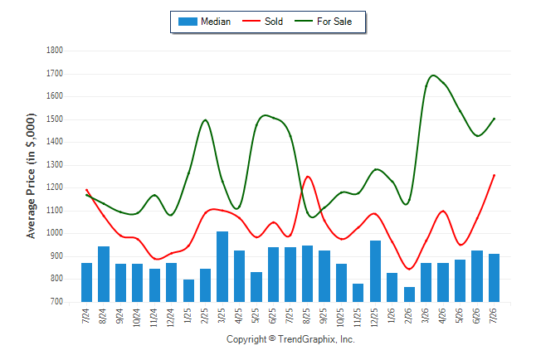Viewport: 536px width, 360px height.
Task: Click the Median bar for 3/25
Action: (x=222, y=266)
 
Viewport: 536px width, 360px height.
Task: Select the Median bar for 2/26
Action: (x=409, y=294)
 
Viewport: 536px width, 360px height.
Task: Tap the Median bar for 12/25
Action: (x=375, y=271)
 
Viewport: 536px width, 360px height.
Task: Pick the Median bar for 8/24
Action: (x=104, y=274)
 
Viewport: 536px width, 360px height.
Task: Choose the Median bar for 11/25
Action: (x=358, y=293)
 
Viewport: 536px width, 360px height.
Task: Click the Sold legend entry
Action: (x=262, y=22)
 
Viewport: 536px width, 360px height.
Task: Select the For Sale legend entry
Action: (x=323, y=22)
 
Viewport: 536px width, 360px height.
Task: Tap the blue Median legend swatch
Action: (x=188, y=22)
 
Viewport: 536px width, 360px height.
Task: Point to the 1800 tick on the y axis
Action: (x=55, y=51)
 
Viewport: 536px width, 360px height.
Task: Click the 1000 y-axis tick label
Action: (x=55, y=233)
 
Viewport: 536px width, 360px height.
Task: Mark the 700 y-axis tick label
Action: (x=56, y=302)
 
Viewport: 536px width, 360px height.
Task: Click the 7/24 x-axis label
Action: (x=85, y=315)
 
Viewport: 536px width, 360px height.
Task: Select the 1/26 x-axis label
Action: (x=392, y=315)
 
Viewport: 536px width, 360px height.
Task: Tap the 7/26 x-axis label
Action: (x=494, y=315)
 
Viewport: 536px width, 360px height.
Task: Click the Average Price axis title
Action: (x=31, y=176)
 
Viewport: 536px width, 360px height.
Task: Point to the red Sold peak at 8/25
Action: (x=308, y=177)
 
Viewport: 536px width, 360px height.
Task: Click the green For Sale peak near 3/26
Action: (x=433, y=75)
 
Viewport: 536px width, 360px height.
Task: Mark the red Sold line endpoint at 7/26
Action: (x=494, y=175)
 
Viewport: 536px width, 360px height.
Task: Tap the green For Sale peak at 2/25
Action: (x=205, y=119)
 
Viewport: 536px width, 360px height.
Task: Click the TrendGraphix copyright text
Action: (x=290, y=339)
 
